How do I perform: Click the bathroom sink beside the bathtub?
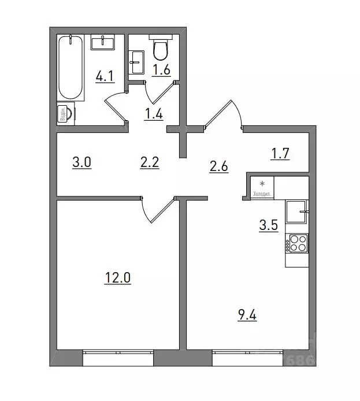click(x=104, y=42)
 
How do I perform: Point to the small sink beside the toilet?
click(x=136, y=61)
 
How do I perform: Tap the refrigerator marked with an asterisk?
click(x=262, y=185)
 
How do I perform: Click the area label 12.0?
click(x=118, y=279)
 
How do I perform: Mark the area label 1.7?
click(x=280, y=154)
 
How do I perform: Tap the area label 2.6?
click(x=219, y=168)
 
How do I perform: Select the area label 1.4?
click(x=153, y=114)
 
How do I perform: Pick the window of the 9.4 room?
click(x=249, y=358)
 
